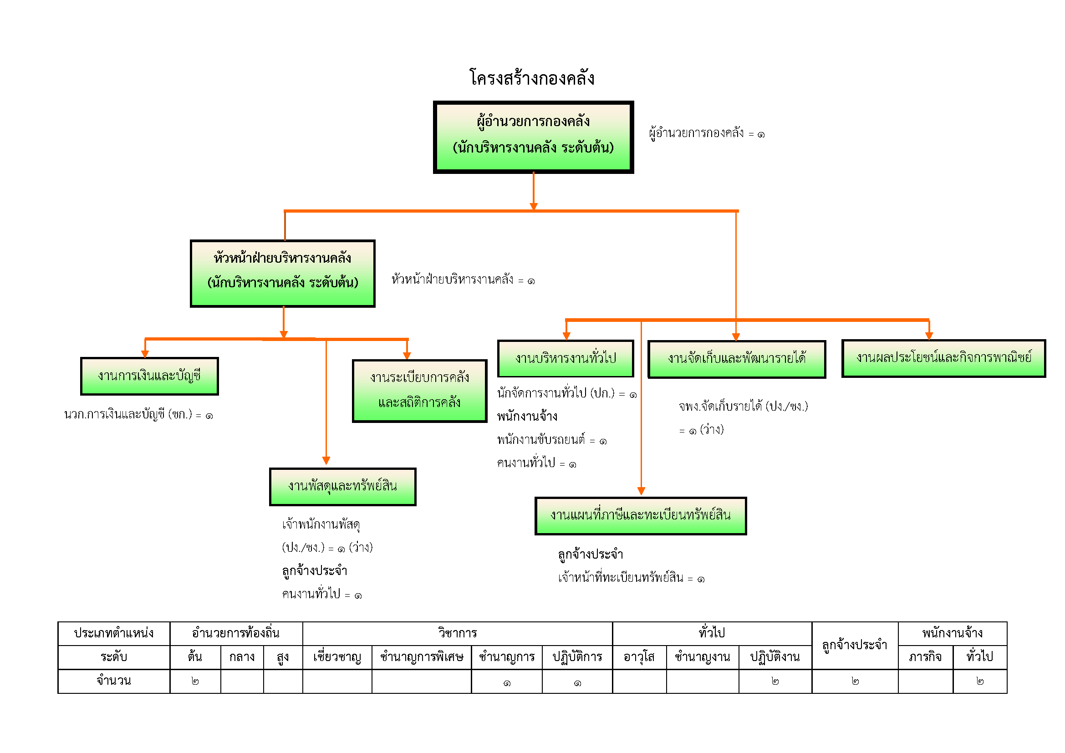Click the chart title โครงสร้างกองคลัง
pos(532,78)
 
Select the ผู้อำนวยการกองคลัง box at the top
pos(533,137)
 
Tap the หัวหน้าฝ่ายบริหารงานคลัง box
pos(282,273)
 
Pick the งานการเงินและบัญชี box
pos(149,376)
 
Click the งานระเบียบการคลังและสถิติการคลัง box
pos(419,391)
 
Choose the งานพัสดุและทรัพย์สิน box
pos(342,486)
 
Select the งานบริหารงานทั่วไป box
pos(566,358)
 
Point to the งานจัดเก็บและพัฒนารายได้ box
pos(737,359)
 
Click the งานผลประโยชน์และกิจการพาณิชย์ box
pos(943,358)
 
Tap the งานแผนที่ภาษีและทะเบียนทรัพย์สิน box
pos(641,516)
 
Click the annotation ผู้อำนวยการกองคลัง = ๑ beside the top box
pos(707,133)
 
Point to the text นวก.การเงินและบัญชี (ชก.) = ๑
pos(138,415)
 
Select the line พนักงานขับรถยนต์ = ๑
pos(551,440)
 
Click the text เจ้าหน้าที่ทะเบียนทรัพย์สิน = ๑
pos(631,578)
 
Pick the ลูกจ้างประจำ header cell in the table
pos(854,645)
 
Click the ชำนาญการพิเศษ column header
pos(421,657)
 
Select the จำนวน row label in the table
pos(114,681)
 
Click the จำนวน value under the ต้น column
pos(195,681)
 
